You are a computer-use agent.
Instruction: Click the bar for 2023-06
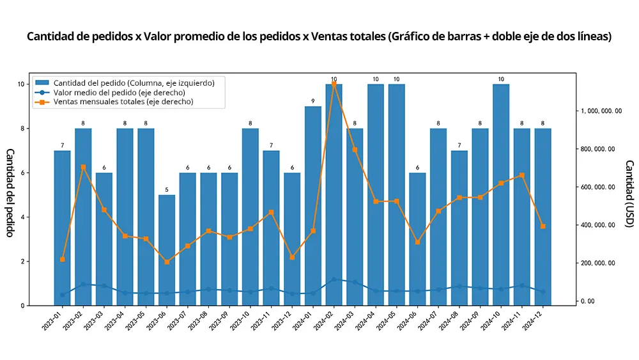pyautogui.click(x=167, y=249)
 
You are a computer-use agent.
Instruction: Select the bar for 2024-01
pyautogui.click(x=313, y=205)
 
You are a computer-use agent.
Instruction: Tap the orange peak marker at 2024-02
pyautogui.click(x=334, y=84)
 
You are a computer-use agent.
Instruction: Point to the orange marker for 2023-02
pyautogui.click(x=83, y=167)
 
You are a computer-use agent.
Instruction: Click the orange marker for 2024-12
pyautogui.click(x=543, y=226)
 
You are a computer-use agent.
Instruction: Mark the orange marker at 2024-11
pyautogui.click(x=522, y=175)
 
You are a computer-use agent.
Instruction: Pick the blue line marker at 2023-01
pyautogui.click(x=63, y=295)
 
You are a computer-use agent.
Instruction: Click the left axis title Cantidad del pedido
pyautogui.click(x=10, y=192)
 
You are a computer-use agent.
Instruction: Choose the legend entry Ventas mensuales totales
pyautogui.click(x=123, y=102)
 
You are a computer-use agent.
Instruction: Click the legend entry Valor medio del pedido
pyautogui.click(x=118, y=93)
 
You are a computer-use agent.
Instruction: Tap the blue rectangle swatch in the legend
pyautogui.click(x=43, y=83)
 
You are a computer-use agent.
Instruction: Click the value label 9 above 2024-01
pyautogui.click(x=313, y=101)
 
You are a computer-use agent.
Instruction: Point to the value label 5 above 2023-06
pyautogui.click(x=167, y=190)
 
